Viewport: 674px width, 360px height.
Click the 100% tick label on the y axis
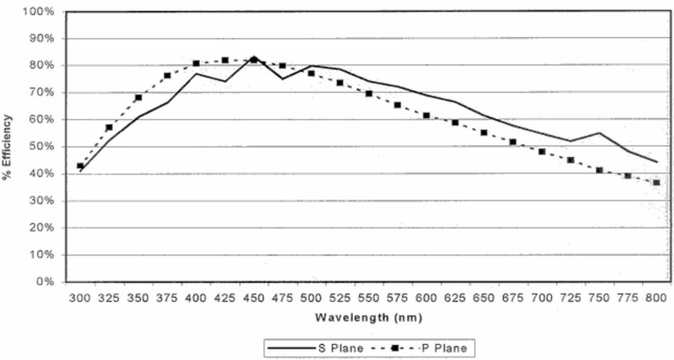[x=42, y=12]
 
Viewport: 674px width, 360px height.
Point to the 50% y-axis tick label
[x=45, y=147]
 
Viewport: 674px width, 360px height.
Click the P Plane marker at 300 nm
[x=80, y=166]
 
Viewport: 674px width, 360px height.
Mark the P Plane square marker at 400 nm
[x=195, y=63]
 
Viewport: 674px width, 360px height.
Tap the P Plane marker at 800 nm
[x=656, y=182]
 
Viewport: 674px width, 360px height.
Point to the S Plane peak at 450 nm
[x=254, y=58]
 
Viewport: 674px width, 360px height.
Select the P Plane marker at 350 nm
[x=138, y=98]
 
